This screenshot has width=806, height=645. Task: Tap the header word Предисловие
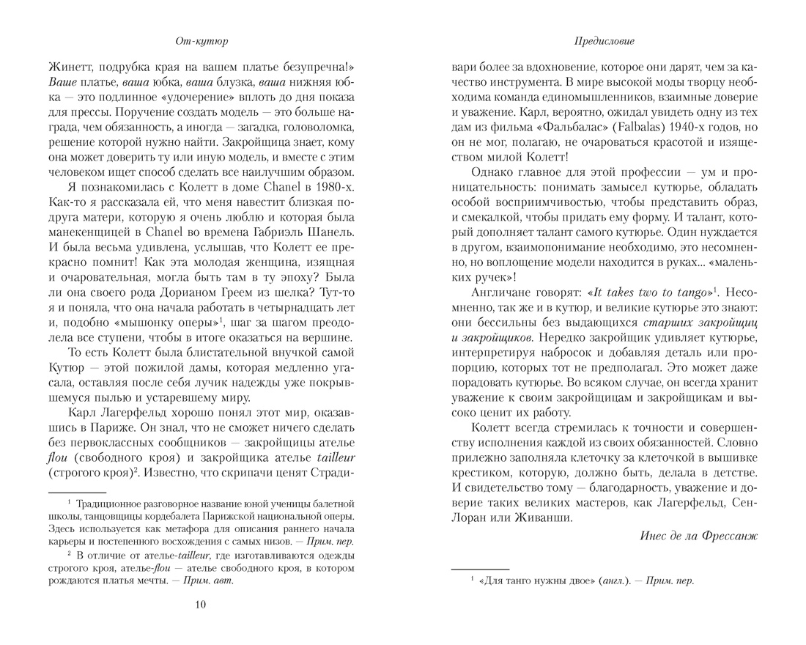coord(605,40)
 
